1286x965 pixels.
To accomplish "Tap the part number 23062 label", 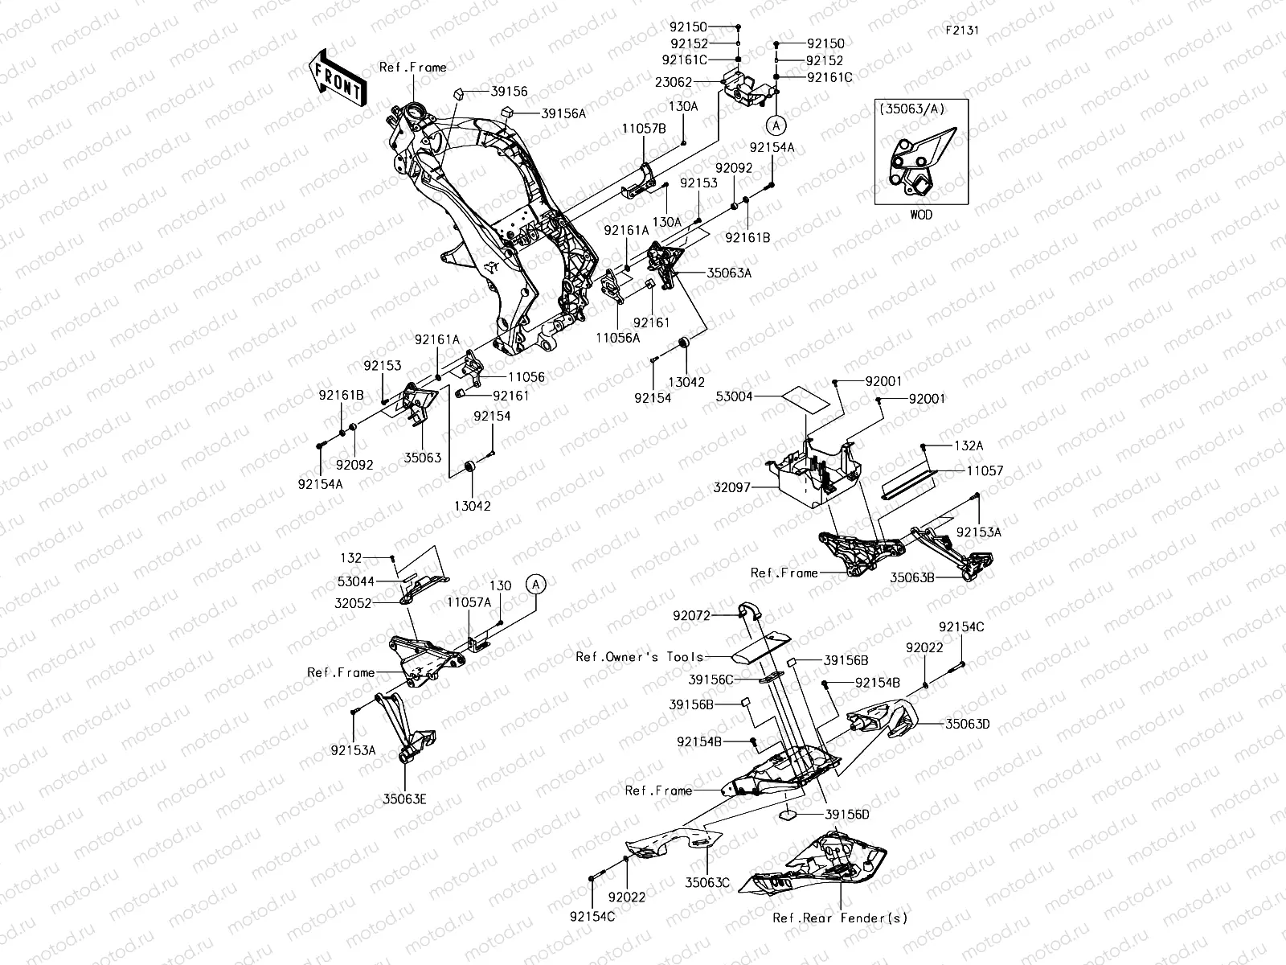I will pyautogui.click(x=673, y=81).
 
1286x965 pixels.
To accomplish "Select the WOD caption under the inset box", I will pyautogui.click(x=921, y=216).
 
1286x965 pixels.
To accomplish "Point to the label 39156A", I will pyautogui.click(x=563, y=113).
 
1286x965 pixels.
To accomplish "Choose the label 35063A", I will pyautogui.click(x=729, y=273).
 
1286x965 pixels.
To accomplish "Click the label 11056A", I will pyautogui.click(x=618, y=339).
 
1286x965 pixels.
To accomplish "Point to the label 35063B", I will pyautogui.click(x=911, y=577).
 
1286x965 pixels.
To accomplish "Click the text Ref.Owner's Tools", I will pyautogui.click(x=639, y=656).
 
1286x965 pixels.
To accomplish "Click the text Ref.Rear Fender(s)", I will pyautogui.click(x=839, y=918).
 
